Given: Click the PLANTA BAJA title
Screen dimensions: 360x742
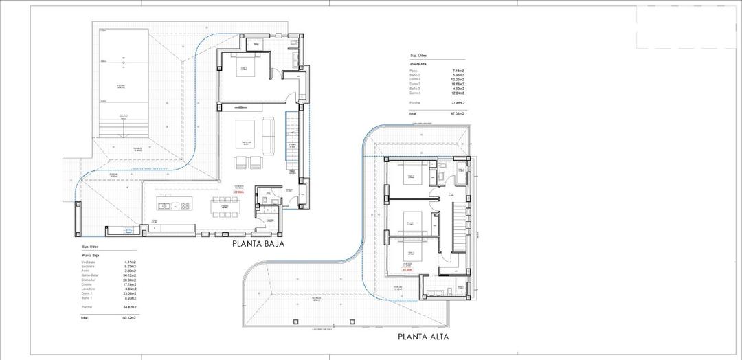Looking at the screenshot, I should [x=258, y=243].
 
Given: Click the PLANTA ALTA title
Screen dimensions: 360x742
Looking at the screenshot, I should [x=423, y=337].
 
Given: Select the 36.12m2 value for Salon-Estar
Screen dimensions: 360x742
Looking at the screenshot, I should [x=129, y=275].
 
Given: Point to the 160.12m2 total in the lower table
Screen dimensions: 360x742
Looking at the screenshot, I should [x=128, y=318].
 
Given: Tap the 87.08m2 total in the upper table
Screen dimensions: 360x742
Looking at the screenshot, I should [x=457, y=113].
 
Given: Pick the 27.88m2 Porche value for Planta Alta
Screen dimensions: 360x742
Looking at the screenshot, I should [x=458, y=102].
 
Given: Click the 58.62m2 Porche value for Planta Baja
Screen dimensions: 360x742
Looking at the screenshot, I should [x=129, y=307].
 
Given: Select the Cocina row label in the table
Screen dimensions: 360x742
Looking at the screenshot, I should [x=87, y=284].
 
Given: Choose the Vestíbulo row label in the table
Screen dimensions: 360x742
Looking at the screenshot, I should [x=88, y=262].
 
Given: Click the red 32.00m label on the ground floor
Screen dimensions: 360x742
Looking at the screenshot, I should [x=239, y=192].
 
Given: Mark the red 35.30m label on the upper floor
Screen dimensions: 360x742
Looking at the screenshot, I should [x=407, y=270].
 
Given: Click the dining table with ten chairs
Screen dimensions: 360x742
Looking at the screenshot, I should [x=225, y=204].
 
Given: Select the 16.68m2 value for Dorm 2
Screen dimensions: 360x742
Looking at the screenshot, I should [x=458, y=84].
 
